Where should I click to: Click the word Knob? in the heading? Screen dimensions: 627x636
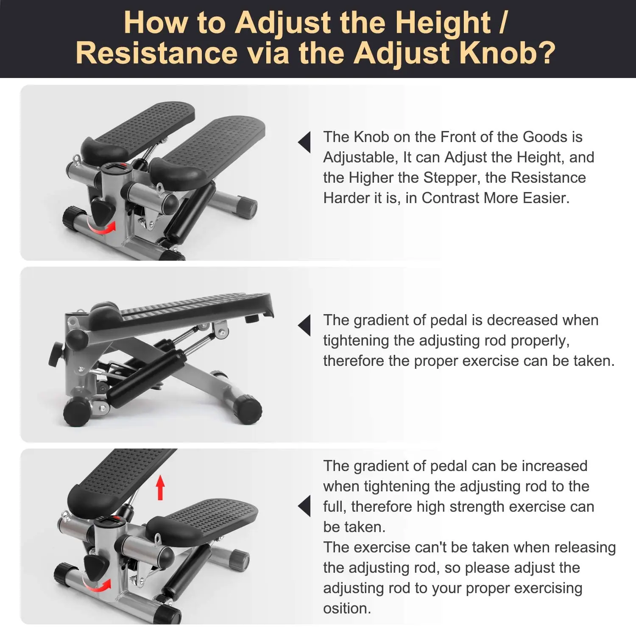507,53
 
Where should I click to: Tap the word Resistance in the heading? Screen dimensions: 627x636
156,53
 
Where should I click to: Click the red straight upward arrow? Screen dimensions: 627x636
160,488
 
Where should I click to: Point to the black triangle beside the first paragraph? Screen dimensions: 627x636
304,142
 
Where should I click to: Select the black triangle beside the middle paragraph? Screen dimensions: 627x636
304,326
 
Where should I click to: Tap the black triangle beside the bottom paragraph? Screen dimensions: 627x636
304,506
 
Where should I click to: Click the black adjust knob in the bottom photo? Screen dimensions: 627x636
96,568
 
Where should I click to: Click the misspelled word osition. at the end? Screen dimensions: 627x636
347,608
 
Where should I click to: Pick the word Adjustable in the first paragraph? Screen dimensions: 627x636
360,157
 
